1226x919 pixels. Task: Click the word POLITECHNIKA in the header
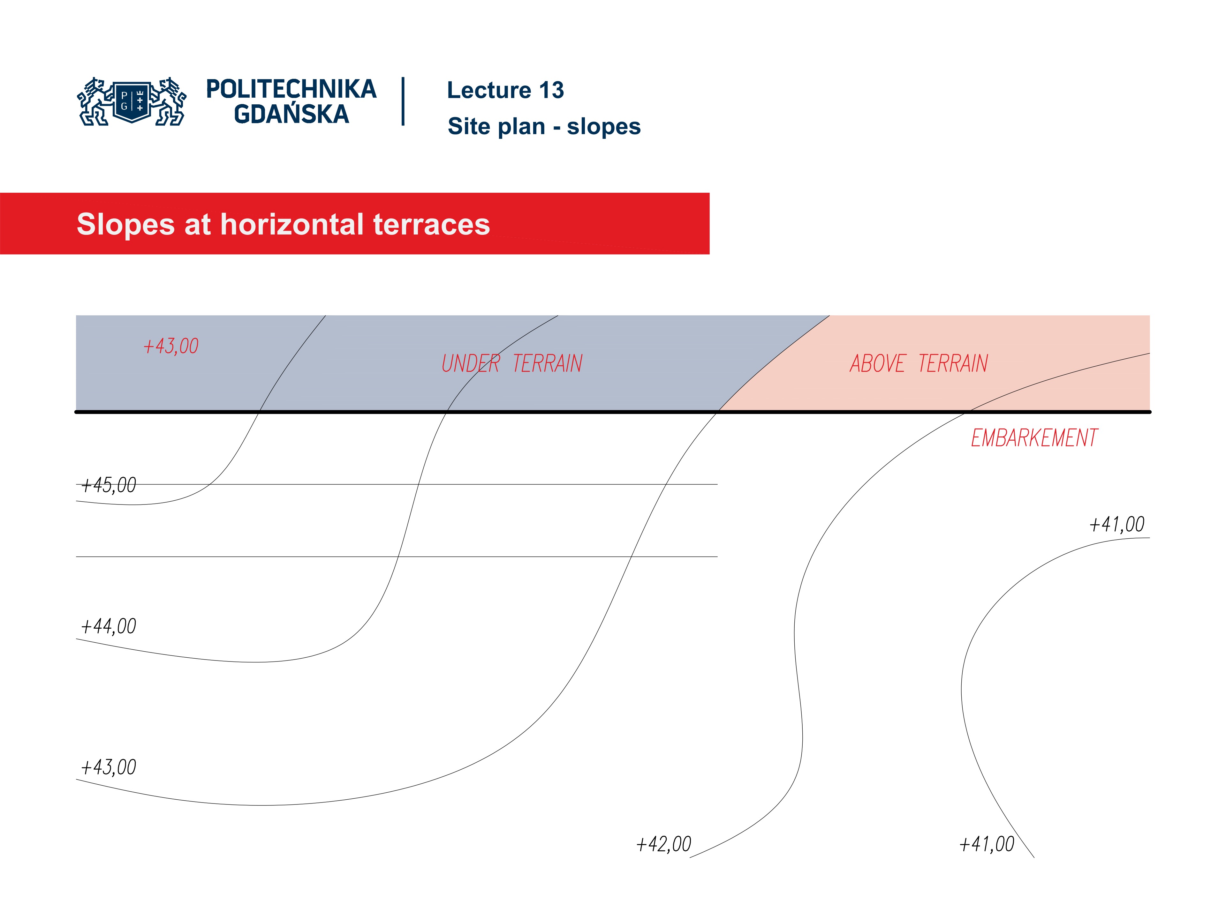[x=291, y=89]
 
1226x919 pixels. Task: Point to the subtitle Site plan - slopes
[x=544, y=126]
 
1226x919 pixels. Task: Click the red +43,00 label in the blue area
[x=171, y=346]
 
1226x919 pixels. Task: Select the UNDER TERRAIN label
[x=511, y=364]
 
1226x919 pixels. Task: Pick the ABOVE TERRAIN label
[x=919, y=364]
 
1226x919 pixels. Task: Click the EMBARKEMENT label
[x=1034, y=438]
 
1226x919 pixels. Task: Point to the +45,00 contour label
[x=108, y=485]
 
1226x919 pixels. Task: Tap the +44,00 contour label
[x=108, y=626]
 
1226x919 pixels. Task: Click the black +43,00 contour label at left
[x=108, y=767]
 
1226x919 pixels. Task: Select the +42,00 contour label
[x=663, y=844]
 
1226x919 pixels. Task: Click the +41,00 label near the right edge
[x=1116, y=524]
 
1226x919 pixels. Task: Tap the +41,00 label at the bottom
[x=987, y=844]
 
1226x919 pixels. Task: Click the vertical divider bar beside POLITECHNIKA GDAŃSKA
[x=403, y=101]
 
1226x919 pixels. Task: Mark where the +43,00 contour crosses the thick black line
[x=718, y=412]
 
